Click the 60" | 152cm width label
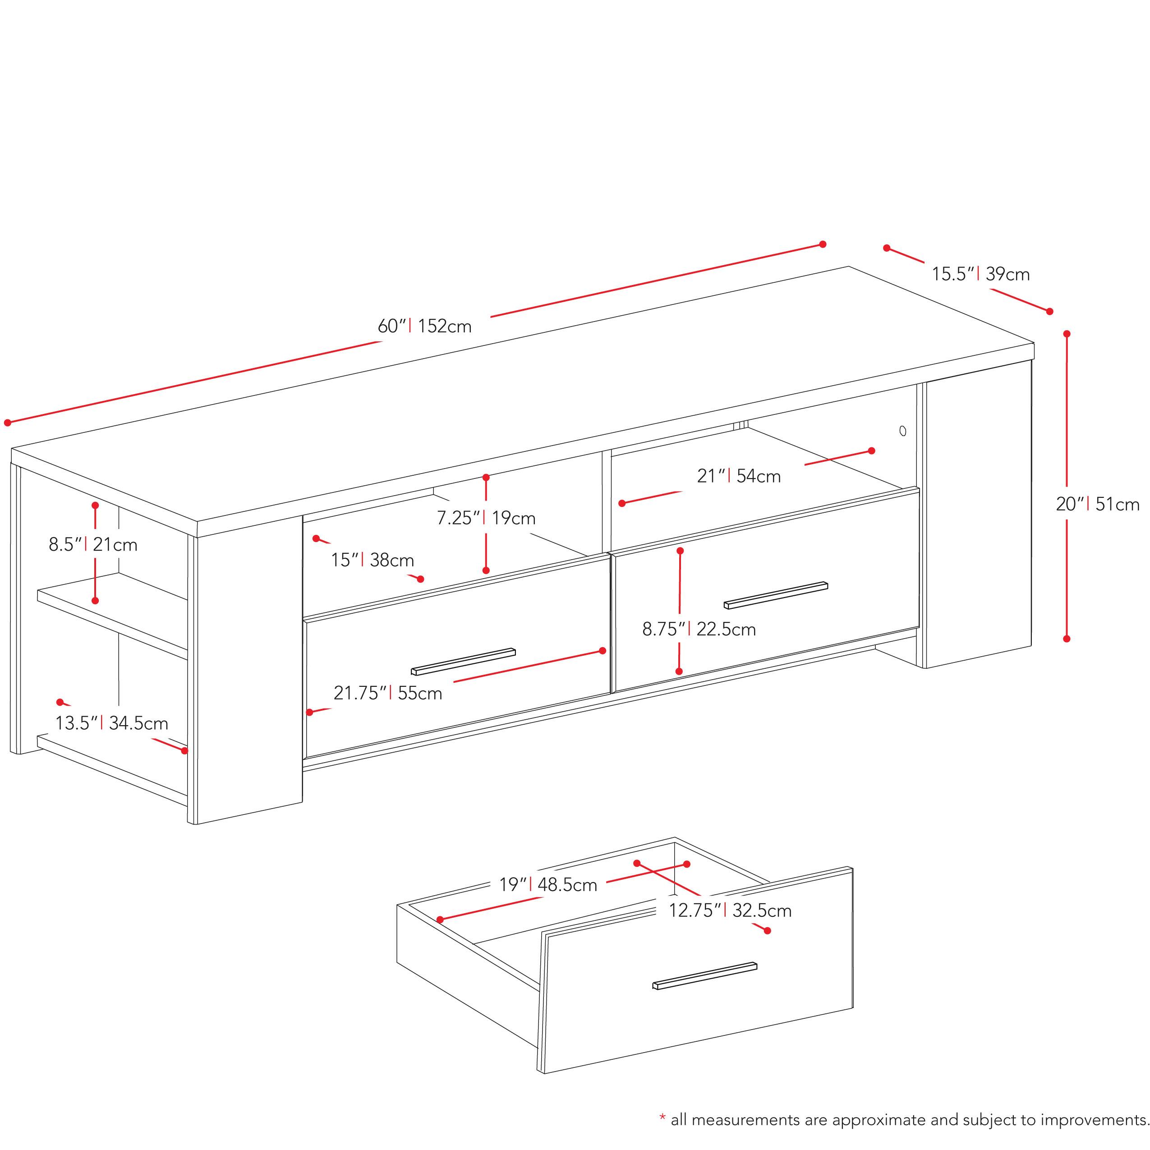click(x=424, y=326)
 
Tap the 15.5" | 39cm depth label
click(x=980, y=274)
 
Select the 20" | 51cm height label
click(x=1098, y=504)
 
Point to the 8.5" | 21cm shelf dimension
click(x=93, y=545)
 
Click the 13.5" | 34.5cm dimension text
click(x=112, y=723)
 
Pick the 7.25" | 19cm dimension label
click(x=486, y=518)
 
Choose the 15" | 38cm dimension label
click(x=373, y=560)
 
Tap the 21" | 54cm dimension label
click(x=739, y=476)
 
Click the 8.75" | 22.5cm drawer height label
click(x=699, y=629)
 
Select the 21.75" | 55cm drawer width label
click(x=387, y=693)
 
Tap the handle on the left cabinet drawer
click(x=463, y=661)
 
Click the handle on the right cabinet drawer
click(x=776, y=595)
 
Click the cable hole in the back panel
click(x=903, y=430)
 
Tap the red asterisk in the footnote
click(x=662, y=1120)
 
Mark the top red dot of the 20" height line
click(x=1067, y=334)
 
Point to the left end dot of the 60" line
click(x=8, y=423)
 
